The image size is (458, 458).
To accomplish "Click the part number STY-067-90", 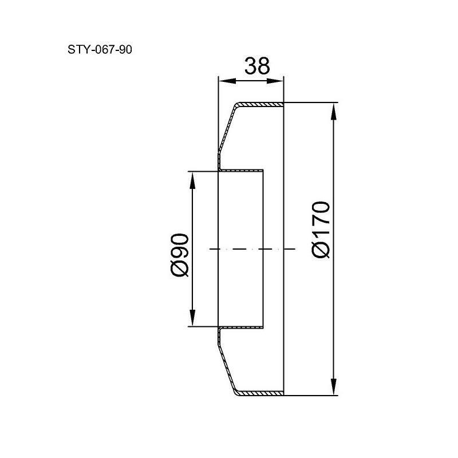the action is pyautogui.click(x=100, y=50).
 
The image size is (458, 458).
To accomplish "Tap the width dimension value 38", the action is pyautogui.click(x=257, y=66).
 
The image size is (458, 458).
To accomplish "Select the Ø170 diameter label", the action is pyautogui.click(x=321, y=230).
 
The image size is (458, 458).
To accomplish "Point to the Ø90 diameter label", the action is pyautogui.click(x=179, y=255).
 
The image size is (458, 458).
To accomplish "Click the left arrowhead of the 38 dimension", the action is pyautogui.click(x=227, y=81).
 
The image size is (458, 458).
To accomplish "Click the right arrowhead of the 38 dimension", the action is pyautogui.click(x=275, y=81).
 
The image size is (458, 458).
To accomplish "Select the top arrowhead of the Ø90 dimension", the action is pyautogui.click(x=192, y=180).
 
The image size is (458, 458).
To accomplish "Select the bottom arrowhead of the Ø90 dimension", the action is pyautogui.click(x=192, y=317).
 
